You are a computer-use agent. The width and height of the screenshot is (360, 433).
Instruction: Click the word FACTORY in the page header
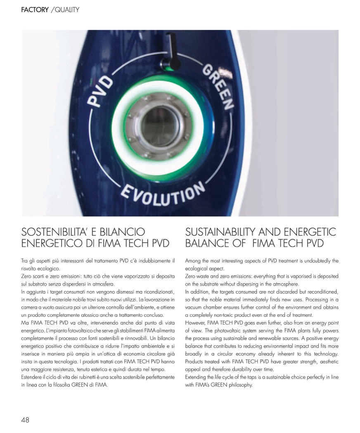pos(35,9)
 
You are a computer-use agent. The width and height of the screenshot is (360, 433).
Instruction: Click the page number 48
pos(25,420)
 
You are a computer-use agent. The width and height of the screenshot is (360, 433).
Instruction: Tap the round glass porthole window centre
pos(160,126)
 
